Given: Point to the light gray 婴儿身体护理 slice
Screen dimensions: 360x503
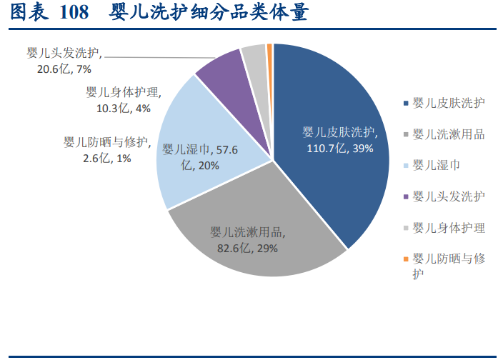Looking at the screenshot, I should tap(254, 57).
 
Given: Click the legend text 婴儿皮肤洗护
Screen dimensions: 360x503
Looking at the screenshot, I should tap(448, 103).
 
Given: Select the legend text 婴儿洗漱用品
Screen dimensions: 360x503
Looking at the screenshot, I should tap(448, 134).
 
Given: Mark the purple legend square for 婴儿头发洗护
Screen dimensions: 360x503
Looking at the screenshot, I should tap(407, 196).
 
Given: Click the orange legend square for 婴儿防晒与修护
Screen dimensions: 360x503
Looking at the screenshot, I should tap(407, 259).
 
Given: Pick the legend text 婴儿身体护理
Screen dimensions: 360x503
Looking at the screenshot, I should tap(448, 227).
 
